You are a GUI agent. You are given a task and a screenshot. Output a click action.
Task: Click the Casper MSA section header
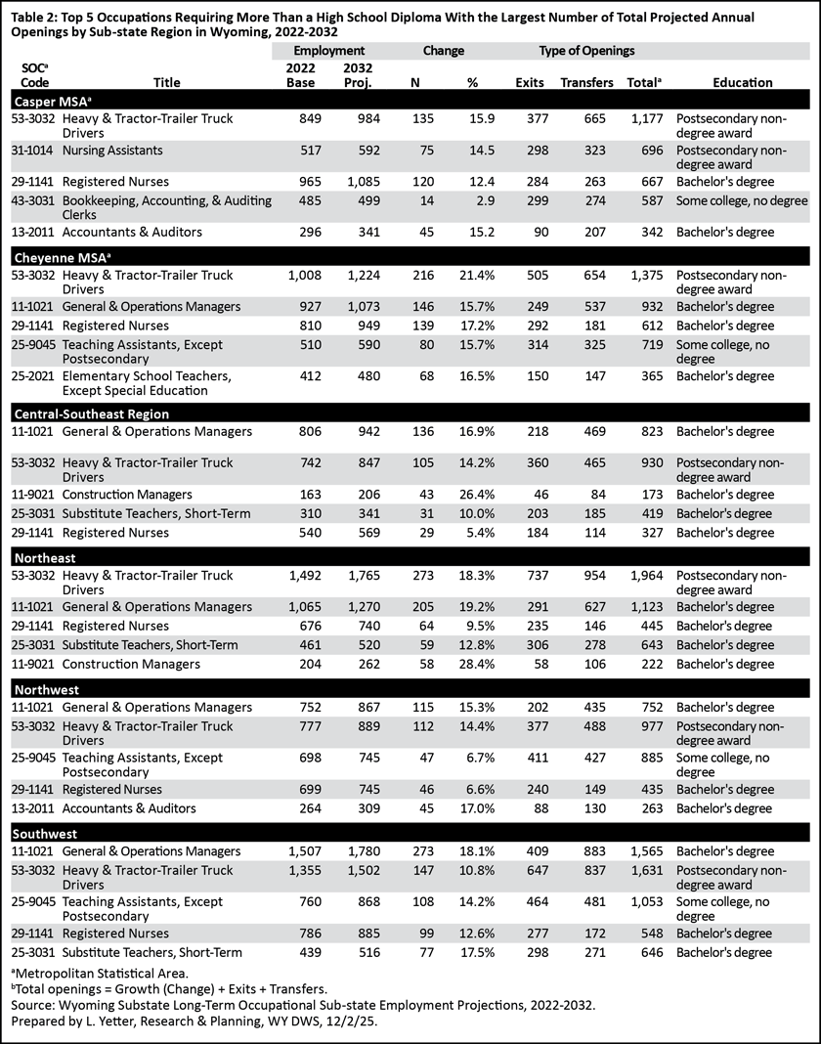(50, 101)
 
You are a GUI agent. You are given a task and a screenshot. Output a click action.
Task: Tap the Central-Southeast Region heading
(91, 413)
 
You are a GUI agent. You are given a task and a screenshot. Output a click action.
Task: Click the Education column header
(742, 83)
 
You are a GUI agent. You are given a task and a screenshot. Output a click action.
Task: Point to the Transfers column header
(586, 83)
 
